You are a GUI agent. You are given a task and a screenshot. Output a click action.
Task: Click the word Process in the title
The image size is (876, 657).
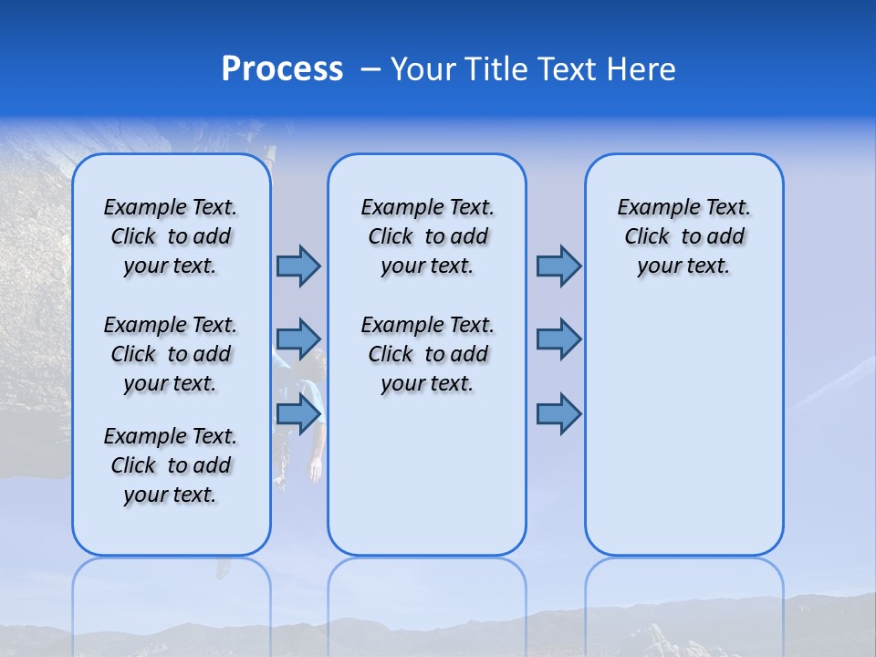[x=282, y=69]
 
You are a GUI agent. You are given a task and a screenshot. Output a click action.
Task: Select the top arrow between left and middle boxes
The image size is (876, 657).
[x=297, y=266]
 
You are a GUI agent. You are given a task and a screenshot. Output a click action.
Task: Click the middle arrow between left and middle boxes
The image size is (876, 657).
[x=297, y=339]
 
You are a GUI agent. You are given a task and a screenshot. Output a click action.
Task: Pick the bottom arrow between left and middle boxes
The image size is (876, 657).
[x=297, y=414]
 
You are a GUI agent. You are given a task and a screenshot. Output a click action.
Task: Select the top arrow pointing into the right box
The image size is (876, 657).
[x=558, y=266]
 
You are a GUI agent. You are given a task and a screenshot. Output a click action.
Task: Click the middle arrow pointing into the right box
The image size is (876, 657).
[x=558, y=339]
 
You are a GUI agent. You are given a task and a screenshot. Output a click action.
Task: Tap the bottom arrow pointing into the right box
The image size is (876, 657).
[x=558, y=414]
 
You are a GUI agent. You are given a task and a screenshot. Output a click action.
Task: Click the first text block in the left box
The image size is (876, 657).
[x=171, y=236]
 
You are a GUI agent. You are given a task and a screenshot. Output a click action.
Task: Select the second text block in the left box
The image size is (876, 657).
[x=171, y=354]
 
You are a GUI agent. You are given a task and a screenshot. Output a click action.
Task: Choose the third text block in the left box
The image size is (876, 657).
[x=171, y=465]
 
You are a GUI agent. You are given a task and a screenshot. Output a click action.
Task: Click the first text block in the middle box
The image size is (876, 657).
[x=427, y=236]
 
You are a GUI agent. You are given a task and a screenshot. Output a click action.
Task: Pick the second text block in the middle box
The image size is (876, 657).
[x=427, y=354]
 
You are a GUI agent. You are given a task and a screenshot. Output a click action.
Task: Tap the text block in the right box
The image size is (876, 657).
[x=684, y=236]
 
